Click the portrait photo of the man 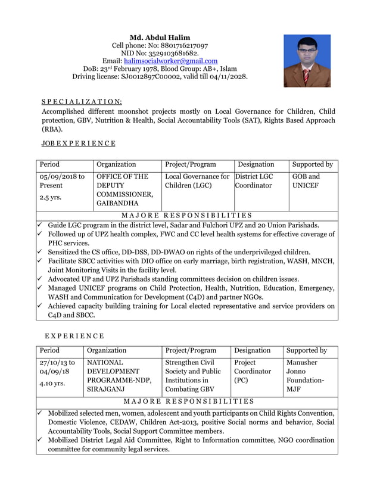pyautogui.click(x=307, y=61)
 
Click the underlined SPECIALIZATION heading pyautogui.click(x=82, y=102)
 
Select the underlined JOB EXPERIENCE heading pyautogui.click(x=78, y=144)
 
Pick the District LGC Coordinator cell pyautogui.click(x=254, y=181)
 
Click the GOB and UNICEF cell pyautogui.click(x=306, y=181)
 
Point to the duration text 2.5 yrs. pyautogui.click(x=51, y=197)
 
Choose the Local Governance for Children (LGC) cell pyautogui.click(x=197, y=181)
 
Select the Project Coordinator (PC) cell pyautogui.click(x=252, y=371)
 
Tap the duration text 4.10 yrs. pyautogui.click(x=52, y=384)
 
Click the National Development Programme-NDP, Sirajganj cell pyautogui.click(x=118, y=375)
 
